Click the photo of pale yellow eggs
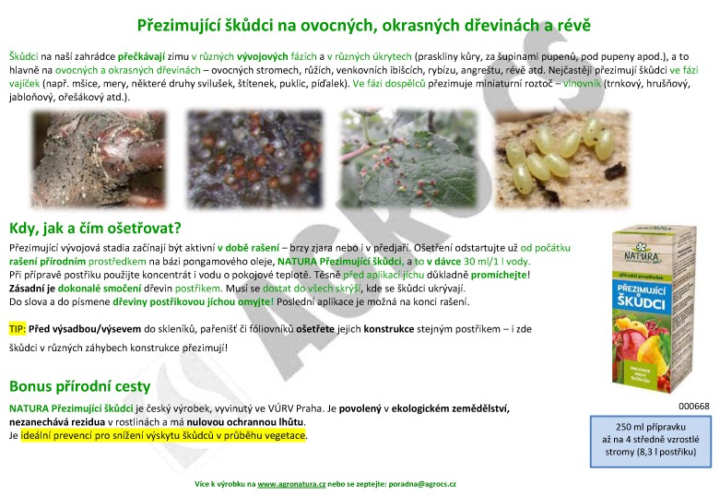point(561,159)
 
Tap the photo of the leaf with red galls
point(408,159)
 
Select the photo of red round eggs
point(254,159)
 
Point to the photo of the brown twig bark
point(99,159)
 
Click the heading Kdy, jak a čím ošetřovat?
point(96,228)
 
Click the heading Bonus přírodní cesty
point(80,386)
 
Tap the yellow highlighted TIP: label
point(18,329)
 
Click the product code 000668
point(694,406)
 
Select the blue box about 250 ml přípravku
point(650,442)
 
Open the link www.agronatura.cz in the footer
point(291,484)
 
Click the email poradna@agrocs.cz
point(422,484)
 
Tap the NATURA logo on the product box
point(642,254)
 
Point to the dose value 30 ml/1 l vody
point(496,261)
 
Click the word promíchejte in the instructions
point(499,275)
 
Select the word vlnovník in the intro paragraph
point(582,84)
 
